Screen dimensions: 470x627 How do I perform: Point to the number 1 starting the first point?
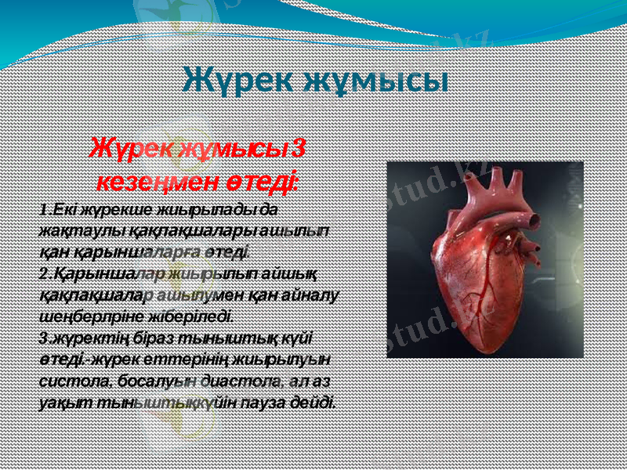pyautogui.click(x=43, y=211)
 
